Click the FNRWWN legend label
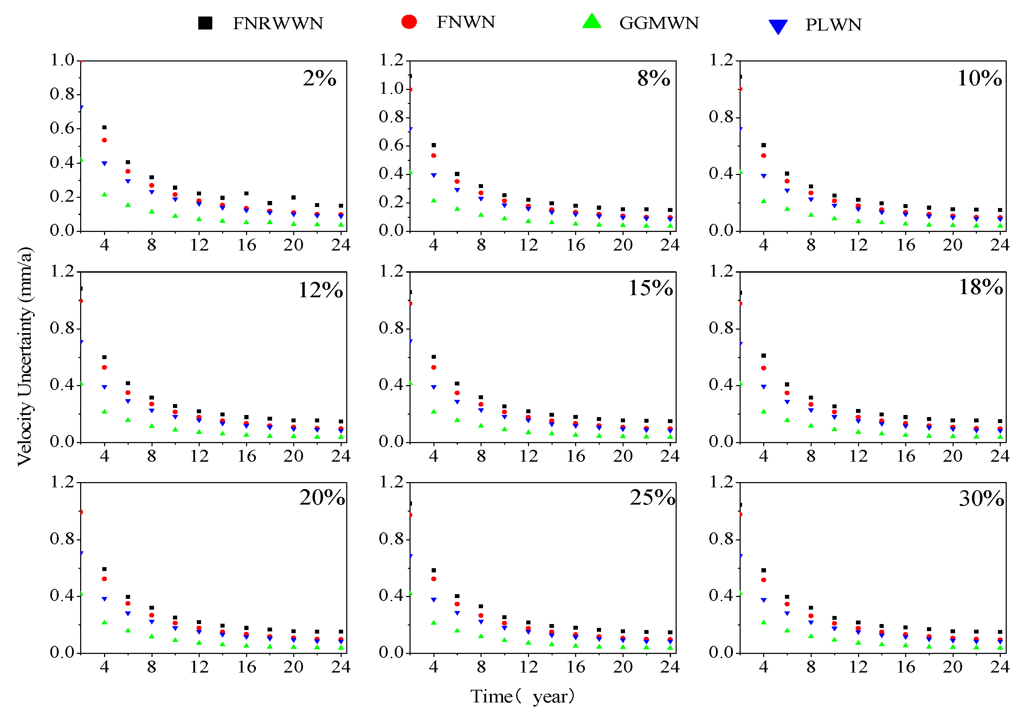click(278, 24)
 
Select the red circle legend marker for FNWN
click(409, 22)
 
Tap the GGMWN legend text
click(658, 23)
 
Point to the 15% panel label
click(650, 288)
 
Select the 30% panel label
click(981, 499)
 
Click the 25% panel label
click(652, 498)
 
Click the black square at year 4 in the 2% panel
click(104, 128)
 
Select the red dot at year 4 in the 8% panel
click(434, 156)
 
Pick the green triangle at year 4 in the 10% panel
click(763, 201)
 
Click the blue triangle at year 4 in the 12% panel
click(104, 387)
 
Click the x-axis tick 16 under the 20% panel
click(246, 667)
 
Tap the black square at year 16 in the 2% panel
click(246, 194)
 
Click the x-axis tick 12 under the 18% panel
click(858, 456)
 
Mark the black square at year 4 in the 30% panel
click(763, 570)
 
